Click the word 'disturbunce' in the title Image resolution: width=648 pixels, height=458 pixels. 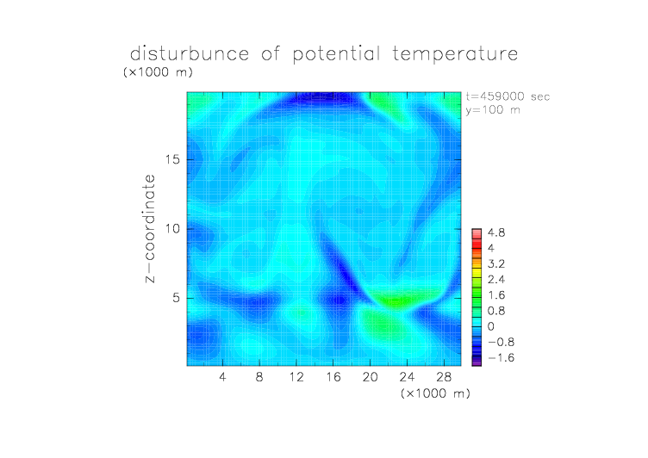pyautogui.click(x=190, y=53)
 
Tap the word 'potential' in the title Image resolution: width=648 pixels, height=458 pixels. pyautogui.click(x=336, y=54)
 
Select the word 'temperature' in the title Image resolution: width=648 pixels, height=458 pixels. pyautogui.click(x=455, y=54)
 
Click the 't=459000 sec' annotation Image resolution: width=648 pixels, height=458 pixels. pyautogui.click(x=508, y=96)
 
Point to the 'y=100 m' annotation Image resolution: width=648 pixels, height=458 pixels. pyautogui.click(x=493, y=110)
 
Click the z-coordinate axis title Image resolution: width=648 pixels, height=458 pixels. pyautogui.click(x=150, y=228)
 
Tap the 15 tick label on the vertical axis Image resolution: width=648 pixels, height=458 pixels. pyautogui.click(x=172, y=159)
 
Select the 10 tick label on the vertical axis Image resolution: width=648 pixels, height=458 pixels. pyautogui.click(x=172, y=229)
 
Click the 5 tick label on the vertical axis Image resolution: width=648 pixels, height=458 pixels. pyautogui.click(x=177, y=298)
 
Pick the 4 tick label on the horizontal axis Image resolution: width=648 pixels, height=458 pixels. pyautogui.click(x=222, y=376)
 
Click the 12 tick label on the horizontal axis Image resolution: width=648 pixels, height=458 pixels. pyautogui.click(x=296, y=376)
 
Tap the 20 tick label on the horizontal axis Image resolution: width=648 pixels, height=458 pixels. pyautogui.click(x=370, y=376)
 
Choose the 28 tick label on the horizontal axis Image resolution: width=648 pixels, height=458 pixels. pyautogui.click(x=444, y=376)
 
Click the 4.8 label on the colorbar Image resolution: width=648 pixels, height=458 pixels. pyautogui.click(x=496, y=233)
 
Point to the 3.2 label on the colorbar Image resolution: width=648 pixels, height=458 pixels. pyautogui.click(x=496, y=264)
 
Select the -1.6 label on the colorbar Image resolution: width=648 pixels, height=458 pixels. pyautogui.click(x=501, y=357)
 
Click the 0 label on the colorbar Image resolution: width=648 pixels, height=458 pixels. pyautogui.click(x=491, y=326)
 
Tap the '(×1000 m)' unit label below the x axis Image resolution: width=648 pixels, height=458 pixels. pyautogui.click(x=435, y=393)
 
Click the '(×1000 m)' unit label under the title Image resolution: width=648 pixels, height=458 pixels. pyautogui.click(x=158, y=72)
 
